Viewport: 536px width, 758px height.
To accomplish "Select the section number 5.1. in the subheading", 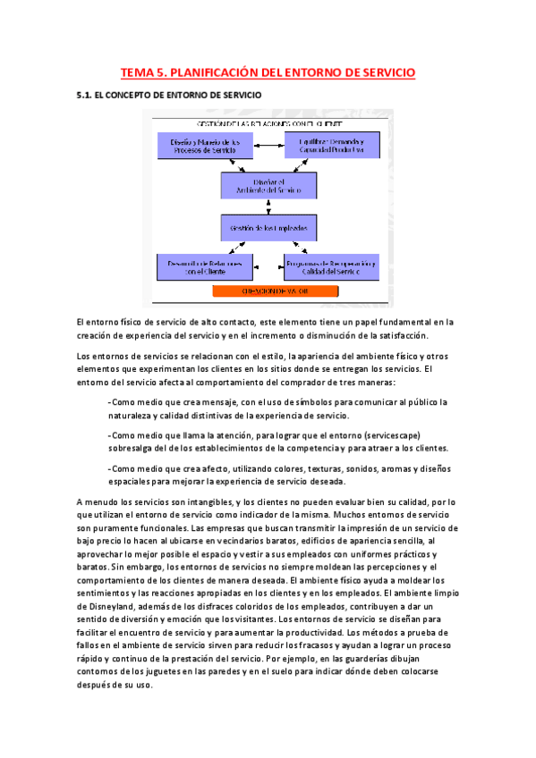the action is [x=87, y=94].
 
